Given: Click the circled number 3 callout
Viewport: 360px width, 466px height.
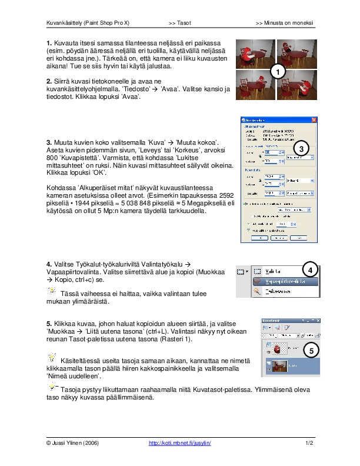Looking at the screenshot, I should click(x=301, y=149).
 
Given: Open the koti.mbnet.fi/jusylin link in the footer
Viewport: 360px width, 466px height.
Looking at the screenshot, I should click(x=179, y=442).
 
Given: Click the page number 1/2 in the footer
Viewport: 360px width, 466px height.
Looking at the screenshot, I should click(x=309, y=442).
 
